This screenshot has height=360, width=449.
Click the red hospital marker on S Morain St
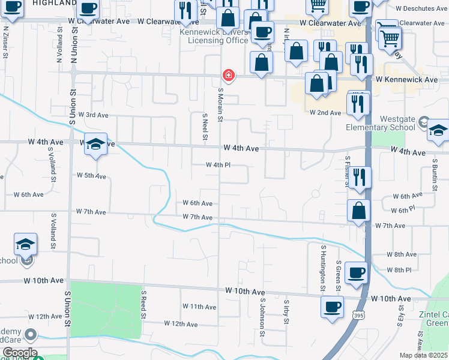(228, 75)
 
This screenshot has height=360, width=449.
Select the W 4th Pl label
(218, 164)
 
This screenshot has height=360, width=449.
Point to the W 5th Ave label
(91, 176)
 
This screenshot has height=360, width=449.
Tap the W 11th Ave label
(199, 307)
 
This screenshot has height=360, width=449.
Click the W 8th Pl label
(399, 270)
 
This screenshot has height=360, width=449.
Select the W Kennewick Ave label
(406, 79)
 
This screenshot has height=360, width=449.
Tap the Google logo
(20, 353)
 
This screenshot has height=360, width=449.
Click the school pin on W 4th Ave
(95, 145)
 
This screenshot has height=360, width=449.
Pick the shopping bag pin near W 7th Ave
(358, 211)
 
